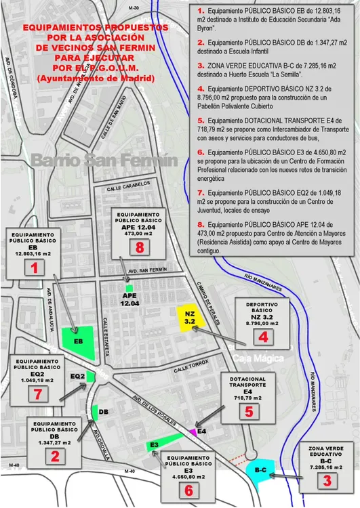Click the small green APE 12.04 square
pyautogui.click(x=129, y=287)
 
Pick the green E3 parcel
pyautogui.click(x=153, y=445)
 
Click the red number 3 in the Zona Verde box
pyautogui.click(x=327, y=482)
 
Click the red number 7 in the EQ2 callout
pyautogui.click(x=39, y=394)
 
